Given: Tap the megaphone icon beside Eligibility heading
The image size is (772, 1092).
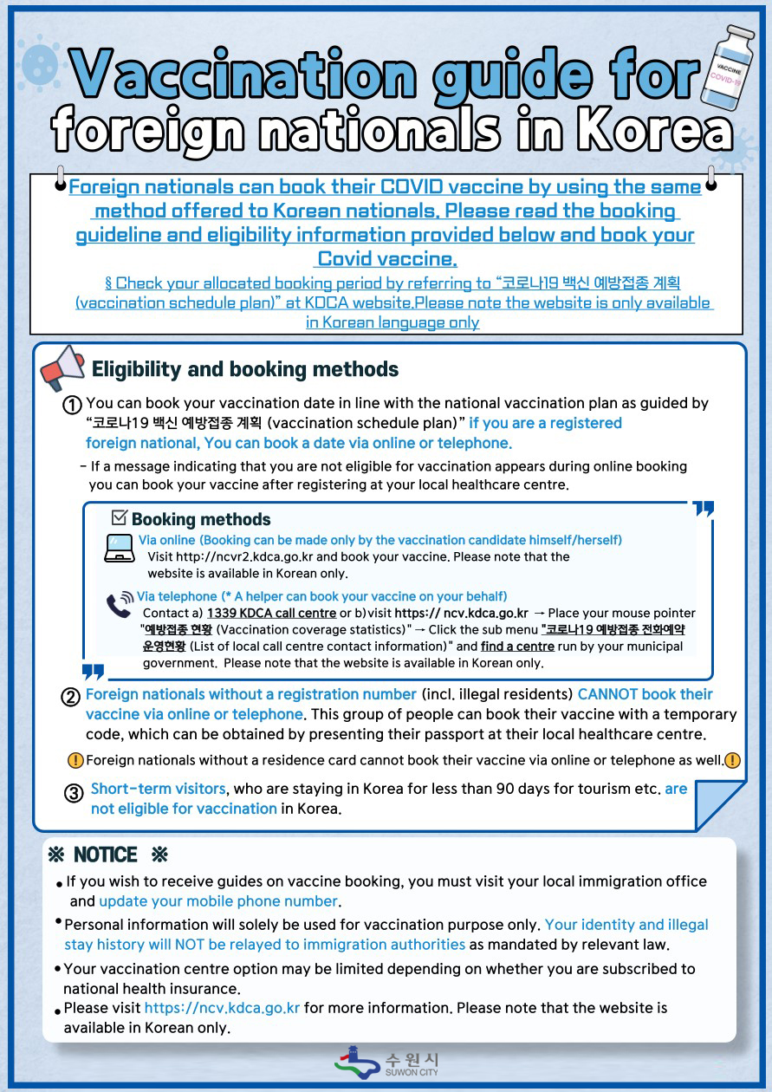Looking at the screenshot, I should pyautogui.click(x=62, y=367).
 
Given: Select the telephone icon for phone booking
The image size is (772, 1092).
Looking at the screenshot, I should pyautogui.click(x=120, y=604).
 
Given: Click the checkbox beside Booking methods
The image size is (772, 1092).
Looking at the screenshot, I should pyautogui.click(x=120, y=518).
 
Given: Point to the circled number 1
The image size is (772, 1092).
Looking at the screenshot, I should pyautogui.click(x=73, y=405).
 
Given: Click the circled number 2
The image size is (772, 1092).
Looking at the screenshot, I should pyautogui.click(x=71, y=696).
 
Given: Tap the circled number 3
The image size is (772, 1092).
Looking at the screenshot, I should pyautogui.click(x=74, y=792).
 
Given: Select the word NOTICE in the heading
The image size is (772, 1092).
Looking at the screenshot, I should pyautogui.click(x=105, y=855).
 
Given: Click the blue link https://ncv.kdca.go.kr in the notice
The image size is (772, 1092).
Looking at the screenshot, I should pyautogui.click(x=222, y=1008).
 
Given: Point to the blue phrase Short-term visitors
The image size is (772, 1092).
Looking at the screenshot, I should pyautogui.click(x=158, y=790).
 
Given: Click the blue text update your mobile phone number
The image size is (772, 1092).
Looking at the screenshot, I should pyautogui.click(x=217, y=901).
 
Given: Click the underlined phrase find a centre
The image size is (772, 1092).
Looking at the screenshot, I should pyautogui.click(x=518, y=647).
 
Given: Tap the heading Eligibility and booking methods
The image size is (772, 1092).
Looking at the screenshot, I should pyautogui.click(x=245, y=369).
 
